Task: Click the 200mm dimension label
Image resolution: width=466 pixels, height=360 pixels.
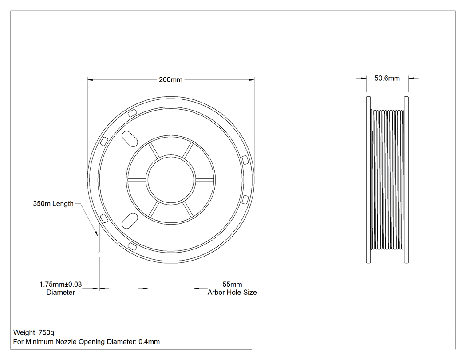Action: tap(170, 79)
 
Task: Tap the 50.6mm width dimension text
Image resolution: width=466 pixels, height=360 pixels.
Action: tap(387, 78)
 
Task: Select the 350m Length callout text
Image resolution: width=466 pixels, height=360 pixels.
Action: tap(53, 204)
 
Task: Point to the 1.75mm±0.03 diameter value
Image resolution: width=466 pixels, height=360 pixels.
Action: tap(61, 285)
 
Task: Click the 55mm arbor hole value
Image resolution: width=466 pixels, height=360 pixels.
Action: tap(232, 285)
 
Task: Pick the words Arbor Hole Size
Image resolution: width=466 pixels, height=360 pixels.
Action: tap(232, 293)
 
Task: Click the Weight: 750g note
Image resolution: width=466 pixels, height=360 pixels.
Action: tap(34, 332)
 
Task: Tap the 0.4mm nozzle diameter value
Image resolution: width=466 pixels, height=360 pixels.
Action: tap(149, 342)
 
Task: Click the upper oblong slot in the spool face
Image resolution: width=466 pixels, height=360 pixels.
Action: tap(130, 138)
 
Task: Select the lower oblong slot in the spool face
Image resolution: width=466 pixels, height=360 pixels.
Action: tap(130, 221)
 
